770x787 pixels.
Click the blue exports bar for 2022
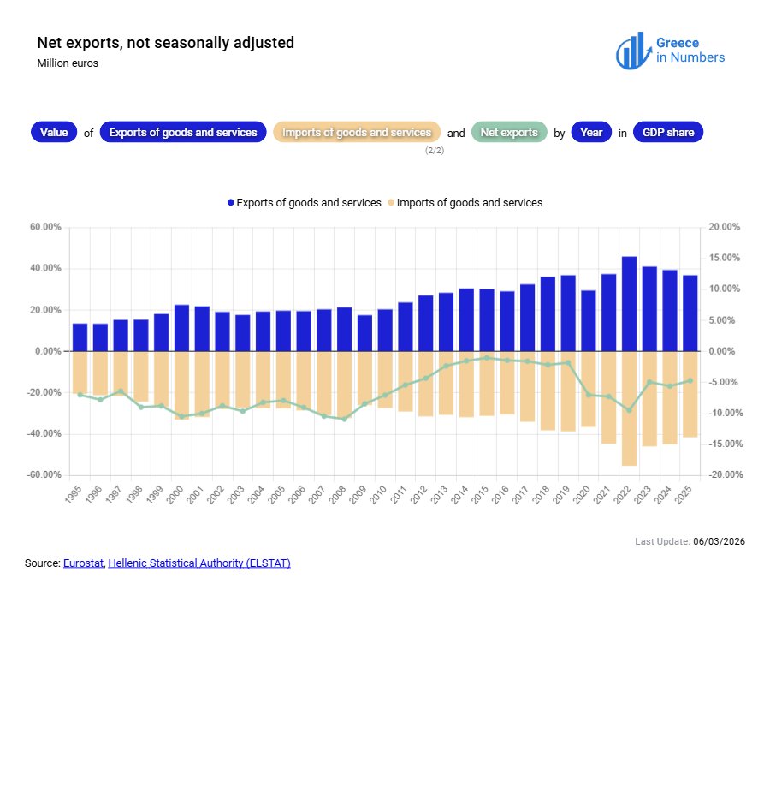[x=629, y=304]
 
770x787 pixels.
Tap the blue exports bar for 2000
[x=181, y=328]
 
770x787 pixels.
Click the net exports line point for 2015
[x=487, y=357]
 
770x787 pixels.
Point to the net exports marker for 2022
[x=629, y=410]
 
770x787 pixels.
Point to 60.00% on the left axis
[x=45, y=227]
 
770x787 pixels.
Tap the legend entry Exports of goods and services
[x=304, y=203]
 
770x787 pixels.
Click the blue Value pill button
[x=54, y=133]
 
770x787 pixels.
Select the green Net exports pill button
[x=509, y=133]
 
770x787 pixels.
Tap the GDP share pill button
[x=668, y=133]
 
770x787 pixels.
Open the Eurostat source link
[x=83, y=563]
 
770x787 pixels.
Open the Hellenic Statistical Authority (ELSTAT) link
[x=199, y=563]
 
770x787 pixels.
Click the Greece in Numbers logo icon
[x=631, y=51]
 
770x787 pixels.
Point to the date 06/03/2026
[x=719, y=542]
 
